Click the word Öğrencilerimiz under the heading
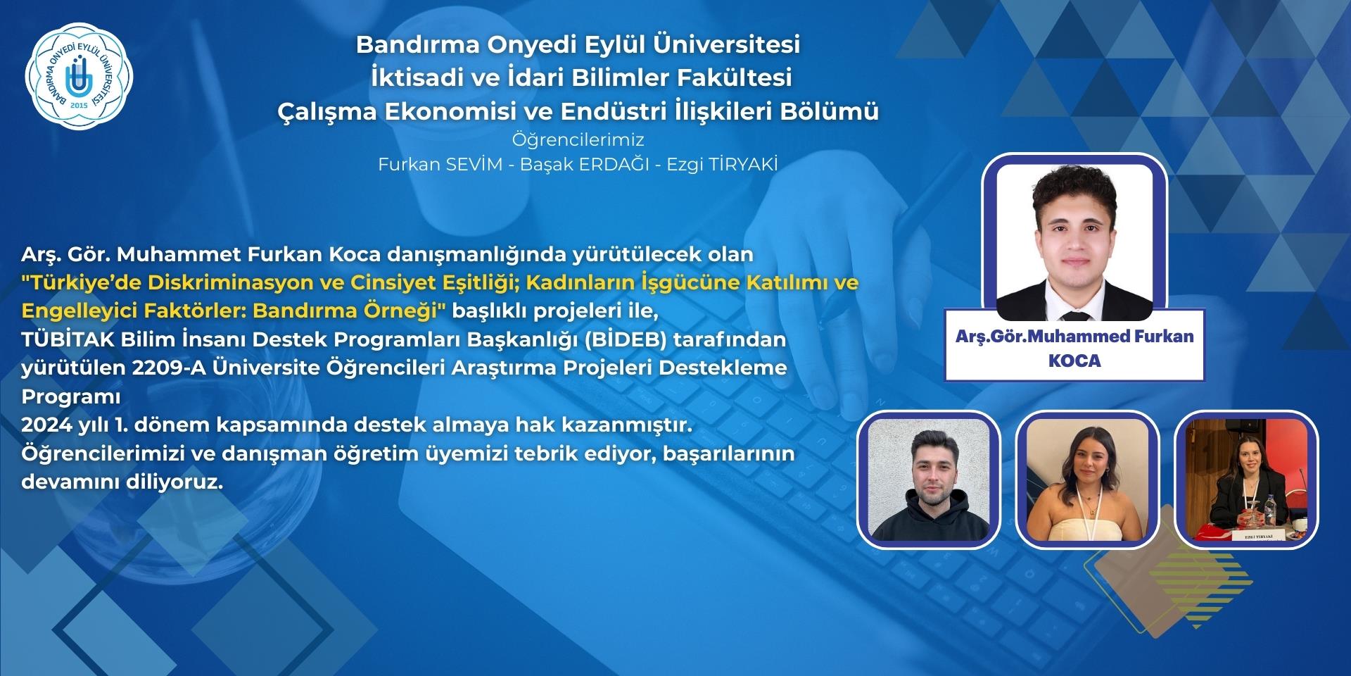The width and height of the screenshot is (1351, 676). pos(578,139)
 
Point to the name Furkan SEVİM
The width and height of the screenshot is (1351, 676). pos(440,164)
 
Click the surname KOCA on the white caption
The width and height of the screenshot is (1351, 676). pos(1074,361)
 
